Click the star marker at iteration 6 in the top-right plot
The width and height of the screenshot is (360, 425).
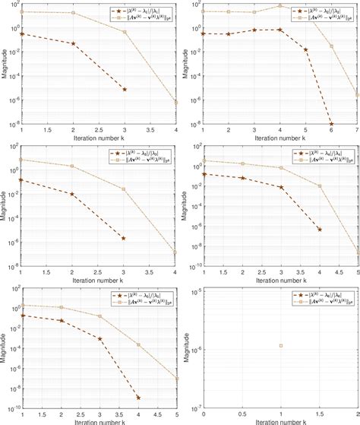click(331, 124)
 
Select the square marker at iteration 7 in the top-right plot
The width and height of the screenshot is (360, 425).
click(357, 94)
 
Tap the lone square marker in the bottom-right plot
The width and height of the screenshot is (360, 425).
click(281, 345)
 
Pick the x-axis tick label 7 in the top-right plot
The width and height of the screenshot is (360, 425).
click(356, 131)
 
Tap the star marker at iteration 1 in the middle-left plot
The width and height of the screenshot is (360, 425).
click(21, 179)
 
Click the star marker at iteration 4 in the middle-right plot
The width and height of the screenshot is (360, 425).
click(319, 229)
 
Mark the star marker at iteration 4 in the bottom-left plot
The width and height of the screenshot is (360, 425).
click(138, 397)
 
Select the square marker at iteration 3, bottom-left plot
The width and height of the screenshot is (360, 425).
click(99, 316)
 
